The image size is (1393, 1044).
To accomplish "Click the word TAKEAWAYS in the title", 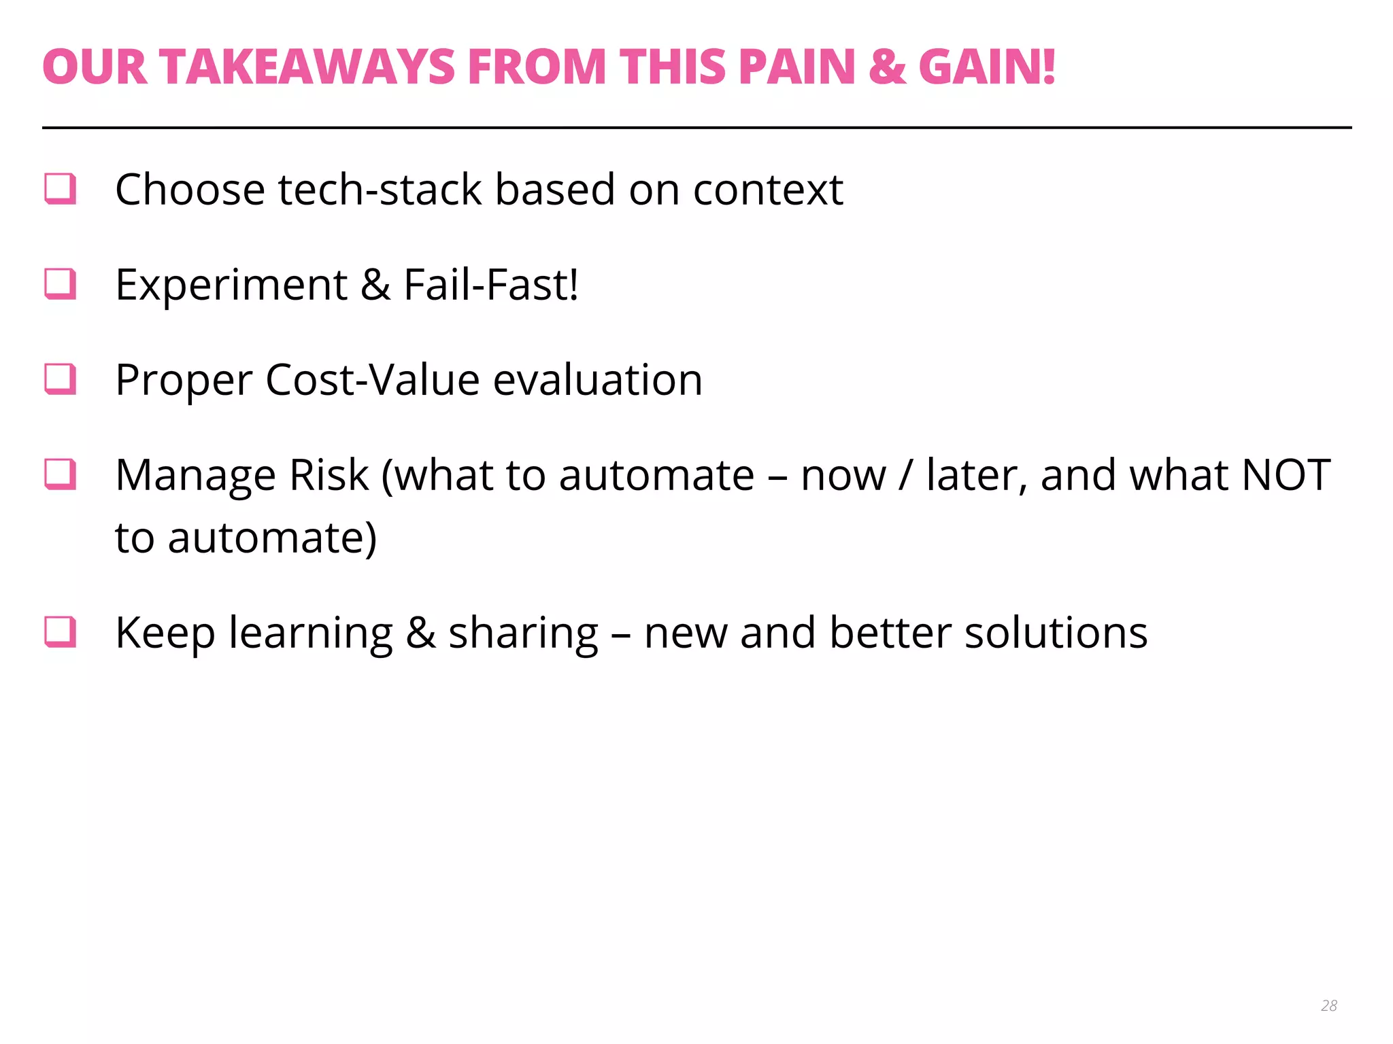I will click(x=307, y=67).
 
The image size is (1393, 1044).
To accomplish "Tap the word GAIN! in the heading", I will click(x=987, y=67).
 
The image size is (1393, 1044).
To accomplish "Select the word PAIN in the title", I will click(x=796, y=67).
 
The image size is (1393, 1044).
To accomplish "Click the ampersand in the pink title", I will click(x=887, y=67).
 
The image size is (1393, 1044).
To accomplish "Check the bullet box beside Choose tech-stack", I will click(x=60, y=189).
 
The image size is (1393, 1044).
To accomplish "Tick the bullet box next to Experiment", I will click(x=60, y=284).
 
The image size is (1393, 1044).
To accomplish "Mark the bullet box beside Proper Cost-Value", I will click(x=60, y=379).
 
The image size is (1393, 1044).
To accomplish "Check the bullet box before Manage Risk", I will click(x=60, y=474).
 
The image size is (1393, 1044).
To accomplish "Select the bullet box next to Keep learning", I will click(x=60, y=632).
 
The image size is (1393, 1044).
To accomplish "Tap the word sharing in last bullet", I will click(x=523, y=633).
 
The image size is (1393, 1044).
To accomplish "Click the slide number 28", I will click(x=1329, y=1005).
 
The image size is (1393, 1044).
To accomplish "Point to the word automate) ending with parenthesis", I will click(x=272, y=538).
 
